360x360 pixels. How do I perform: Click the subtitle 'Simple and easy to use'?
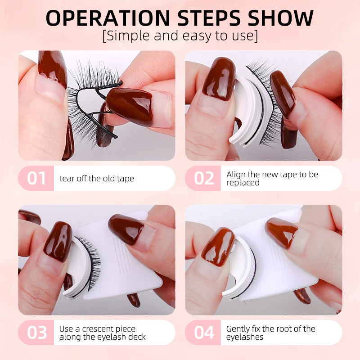[x=180, y=36]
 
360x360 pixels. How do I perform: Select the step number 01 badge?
[x=36, y=178]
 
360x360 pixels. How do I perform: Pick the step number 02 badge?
[x=203, y=178]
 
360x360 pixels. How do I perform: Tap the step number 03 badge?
[x=36, y=333]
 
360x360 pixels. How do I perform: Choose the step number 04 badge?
[x=203, y=333]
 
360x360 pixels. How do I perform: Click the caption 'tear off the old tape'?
[x=97, y=179]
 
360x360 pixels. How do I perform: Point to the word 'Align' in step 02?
[x=236, y=175]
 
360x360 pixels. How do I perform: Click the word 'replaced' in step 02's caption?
[x=243, y=183]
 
